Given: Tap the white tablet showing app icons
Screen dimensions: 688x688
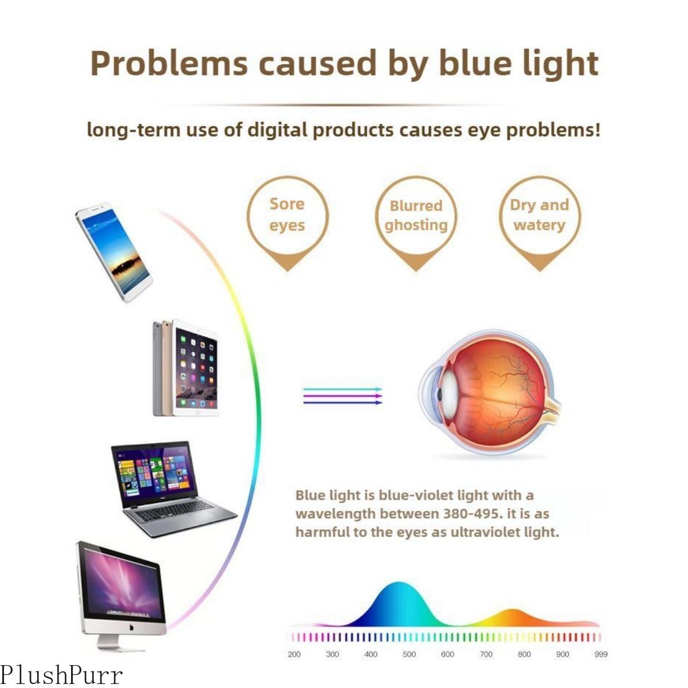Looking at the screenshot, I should pos(196,368).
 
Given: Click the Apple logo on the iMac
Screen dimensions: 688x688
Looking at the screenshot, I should pos(131,628).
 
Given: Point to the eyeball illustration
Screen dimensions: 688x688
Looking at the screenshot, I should pos(490,393).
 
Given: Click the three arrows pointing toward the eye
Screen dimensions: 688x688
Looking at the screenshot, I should pos(342,396).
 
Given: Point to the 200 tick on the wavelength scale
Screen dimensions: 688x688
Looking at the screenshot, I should pos(294,654).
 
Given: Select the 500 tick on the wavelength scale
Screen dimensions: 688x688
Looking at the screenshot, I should pos(409,654).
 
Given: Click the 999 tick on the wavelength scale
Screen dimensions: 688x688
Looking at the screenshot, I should pos(601,654).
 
